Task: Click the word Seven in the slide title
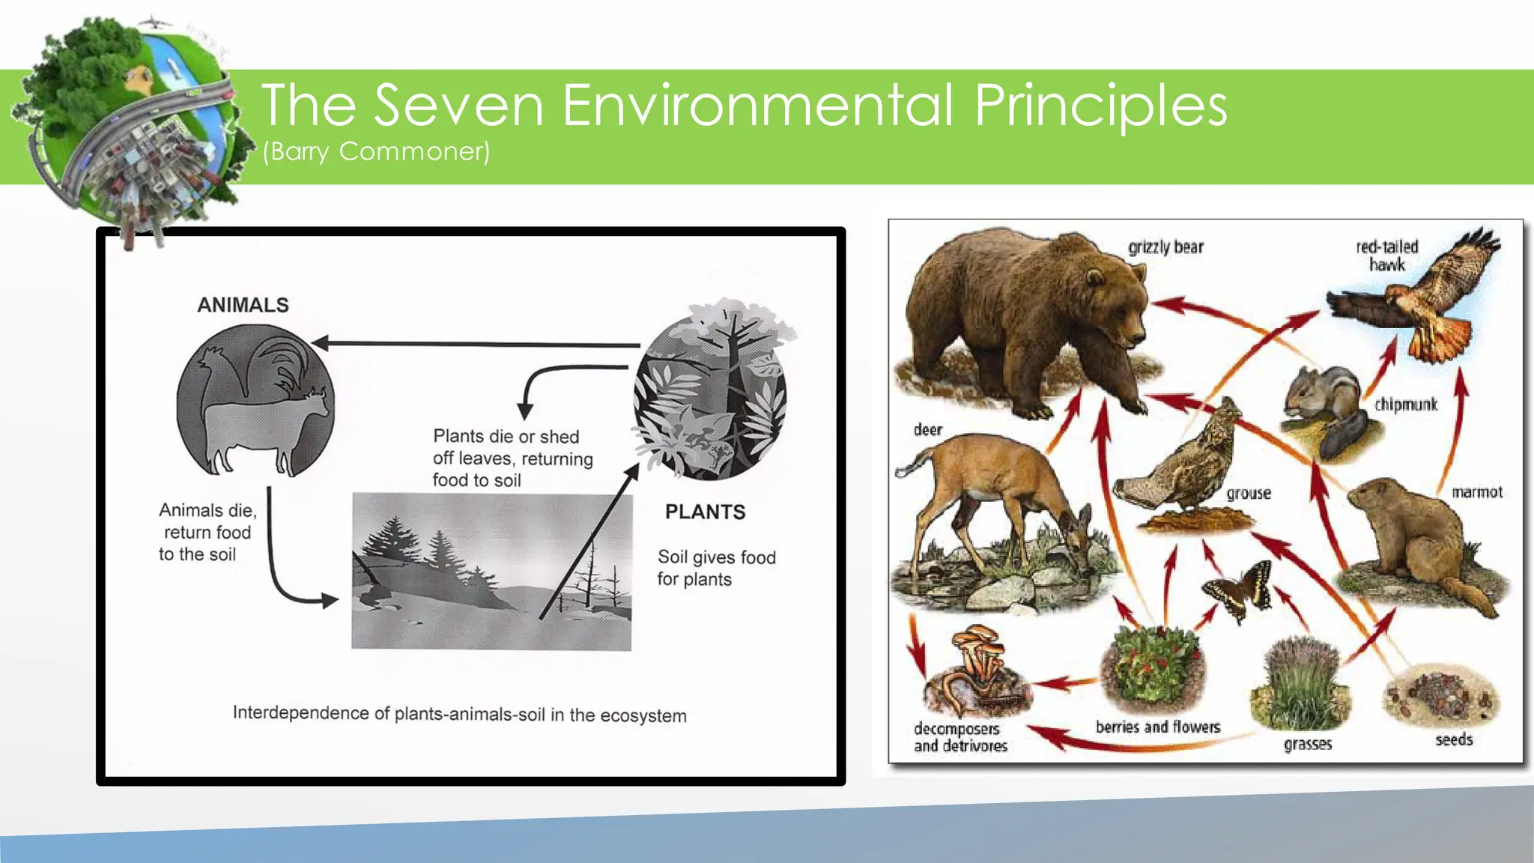pos(458,105)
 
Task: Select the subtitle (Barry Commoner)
pos(376,151)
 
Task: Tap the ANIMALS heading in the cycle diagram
pos(243,305)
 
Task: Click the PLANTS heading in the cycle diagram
pos(705,512)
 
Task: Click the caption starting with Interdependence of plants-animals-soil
pos(459,714)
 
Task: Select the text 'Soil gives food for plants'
pos(715,568)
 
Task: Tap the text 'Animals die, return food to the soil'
pos(207,532)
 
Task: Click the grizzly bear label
pos(1165,247)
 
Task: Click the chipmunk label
pos(1405,405)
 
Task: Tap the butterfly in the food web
pos(1240,590)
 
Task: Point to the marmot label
pos(1476,492)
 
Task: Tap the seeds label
pos(1453,739)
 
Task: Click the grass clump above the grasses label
pos(1302,682)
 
